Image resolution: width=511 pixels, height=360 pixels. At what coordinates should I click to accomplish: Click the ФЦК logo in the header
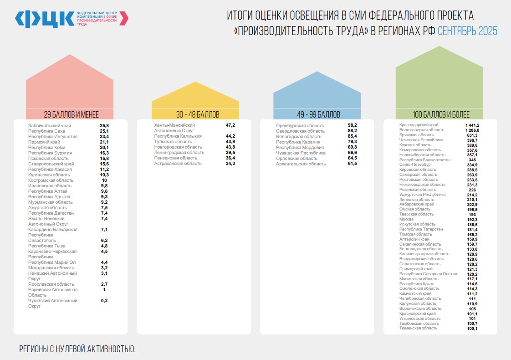pyautogui.click(x=44, y=18)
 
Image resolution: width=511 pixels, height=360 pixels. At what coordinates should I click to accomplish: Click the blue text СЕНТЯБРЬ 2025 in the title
pyautogui.click(x=467, y=31)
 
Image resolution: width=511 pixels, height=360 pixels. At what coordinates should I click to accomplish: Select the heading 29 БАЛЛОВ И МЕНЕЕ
pyautogui.click(x=71, y=114)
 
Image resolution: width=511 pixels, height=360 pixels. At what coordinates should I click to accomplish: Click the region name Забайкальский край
pyautogui.click(x=50, y=125)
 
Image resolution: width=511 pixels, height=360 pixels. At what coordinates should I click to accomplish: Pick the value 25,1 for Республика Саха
pyautogui.click(x=104, y=131)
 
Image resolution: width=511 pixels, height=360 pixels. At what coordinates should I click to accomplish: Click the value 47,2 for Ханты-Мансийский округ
pyautogui.click(x=230, y=125)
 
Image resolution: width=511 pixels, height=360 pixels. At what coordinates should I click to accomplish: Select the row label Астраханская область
pyautogui.click(x=178, y=163)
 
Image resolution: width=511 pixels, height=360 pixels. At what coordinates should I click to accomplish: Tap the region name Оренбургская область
pyautogui.click(x=300, y=125)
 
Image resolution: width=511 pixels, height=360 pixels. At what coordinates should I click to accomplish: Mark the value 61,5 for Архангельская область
pyautogui.click(x=352, y=164)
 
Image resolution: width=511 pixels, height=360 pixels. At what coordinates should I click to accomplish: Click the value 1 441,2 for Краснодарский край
pyautogui.click(x=472, y=125)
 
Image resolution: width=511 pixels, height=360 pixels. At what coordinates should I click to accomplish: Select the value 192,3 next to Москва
pyautogui.click(x=472, y=219)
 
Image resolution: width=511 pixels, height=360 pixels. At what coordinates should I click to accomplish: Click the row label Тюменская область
pyautogui.click(x=418, y=328)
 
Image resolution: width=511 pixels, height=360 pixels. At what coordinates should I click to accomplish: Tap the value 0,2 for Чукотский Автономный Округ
pyautogui.click(x=104, y=301)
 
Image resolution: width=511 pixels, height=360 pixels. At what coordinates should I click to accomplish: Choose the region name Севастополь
pyautogui.click(x=42, y=240)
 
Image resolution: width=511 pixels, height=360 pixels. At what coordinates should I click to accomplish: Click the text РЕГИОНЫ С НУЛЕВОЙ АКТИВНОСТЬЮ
pyautogui.click(x=77, y=350)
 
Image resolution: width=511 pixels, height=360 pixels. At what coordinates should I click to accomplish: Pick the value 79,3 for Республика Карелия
pyautogui.click(x=352, y=142)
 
